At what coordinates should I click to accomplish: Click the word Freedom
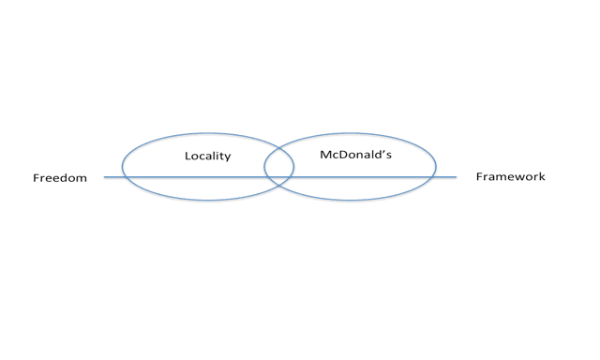[60, 178]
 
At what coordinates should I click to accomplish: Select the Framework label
[510, 176]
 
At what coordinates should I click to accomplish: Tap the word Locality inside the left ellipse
[208, 156]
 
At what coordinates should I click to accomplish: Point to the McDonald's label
[356, 154]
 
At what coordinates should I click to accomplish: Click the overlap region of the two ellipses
[279, 167]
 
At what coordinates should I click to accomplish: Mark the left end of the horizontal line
[104, 177]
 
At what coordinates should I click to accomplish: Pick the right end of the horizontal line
[457, 177]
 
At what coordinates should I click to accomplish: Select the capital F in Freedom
[36, 178]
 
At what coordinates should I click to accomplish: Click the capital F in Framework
[479, 176]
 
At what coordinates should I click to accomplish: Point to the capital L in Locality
[187, 156]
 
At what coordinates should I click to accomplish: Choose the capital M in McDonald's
[325, 154]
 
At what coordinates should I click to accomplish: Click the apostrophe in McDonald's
[384, 152]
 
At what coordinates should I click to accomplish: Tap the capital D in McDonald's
[342, 154]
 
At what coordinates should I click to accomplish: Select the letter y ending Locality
[228, 157]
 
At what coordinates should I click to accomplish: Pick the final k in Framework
[542, 176]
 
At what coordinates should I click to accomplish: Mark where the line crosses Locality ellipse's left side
[124, 177]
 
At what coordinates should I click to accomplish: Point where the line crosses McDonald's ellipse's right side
[434, 177]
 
